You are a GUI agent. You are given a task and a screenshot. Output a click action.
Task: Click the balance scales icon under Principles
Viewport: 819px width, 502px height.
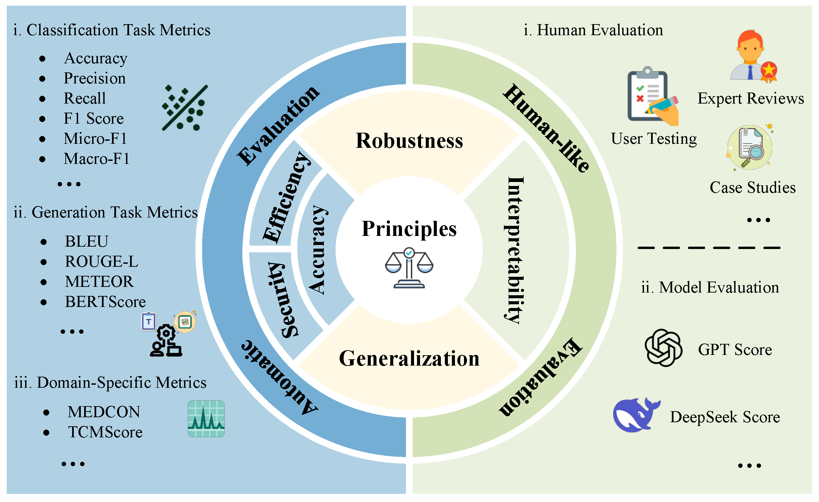pos(409,268)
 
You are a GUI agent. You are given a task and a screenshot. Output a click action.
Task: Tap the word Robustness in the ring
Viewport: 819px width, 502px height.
pos(409,140)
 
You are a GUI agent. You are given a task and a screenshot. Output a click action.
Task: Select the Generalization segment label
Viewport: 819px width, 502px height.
pos(409,358)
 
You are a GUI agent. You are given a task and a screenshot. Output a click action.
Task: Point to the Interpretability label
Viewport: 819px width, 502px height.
pos(515,250)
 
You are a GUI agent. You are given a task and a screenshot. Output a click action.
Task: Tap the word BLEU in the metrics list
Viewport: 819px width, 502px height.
pos(87,241)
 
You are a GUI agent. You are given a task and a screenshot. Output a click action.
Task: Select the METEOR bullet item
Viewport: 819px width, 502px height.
pos(99,281)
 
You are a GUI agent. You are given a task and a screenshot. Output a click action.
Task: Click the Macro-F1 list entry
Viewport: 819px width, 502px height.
pos(97,159)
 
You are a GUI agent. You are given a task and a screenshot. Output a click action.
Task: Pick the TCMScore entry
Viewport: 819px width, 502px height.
pos(105,432)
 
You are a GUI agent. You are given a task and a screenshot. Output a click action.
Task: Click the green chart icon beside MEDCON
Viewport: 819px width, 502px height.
pos(206,419)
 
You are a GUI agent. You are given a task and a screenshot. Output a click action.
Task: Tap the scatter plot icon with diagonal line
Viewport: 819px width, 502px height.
pos(184,108)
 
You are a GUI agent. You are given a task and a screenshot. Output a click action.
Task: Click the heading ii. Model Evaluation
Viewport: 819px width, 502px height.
pos(710,287)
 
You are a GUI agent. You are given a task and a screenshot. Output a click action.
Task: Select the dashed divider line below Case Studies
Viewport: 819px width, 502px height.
pos(709,248)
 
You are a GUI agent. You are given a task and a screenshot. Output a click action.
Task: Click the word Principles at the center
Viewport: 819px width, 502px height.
pos(409,229)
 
